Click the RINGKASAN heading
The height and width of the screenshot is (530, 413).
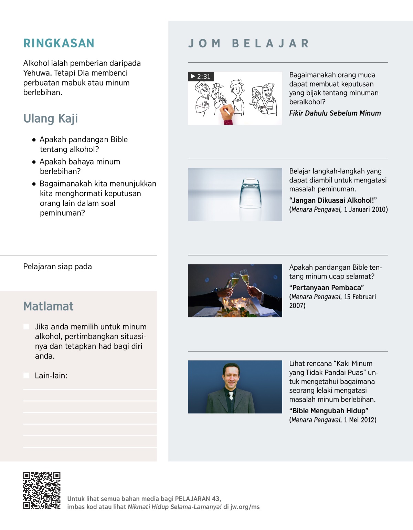point(59,43)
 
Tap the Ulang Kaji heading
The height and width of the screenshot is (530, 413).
point(51,119)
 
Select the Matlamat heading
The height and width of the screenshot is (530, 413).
point(48,306)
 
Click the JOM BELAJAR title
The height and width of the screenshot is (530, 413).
point(248,44)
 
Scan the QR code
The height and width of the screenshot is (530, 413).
point(42,490)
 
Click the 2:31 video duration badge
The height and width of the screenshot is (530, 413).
point(201,76)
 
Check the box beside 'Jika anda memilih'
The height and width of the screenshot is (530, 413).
point(26,327)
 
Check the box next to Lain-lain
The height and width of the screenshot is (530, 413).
point(26,375)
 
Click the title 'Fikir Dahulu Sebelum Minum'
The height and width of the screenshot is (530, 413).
point(335,113)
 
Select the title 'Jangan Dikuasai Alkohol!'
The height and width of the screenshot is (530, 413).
point(333,201)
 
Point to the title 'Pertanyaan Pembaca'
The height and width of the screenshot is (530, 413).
point(327,288)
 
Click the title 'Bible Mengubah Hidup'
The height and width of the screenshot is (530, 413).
point(329,411)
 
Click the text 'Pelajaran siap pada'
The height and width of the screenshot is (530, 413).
point(57,267)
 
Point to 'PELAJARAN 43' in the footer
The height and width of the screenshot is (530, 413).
point(198,499)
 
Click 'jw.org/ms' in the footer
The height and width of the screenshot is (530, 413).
point(245,507)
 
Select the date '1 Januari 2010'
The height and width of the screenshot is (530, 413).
point(366,210)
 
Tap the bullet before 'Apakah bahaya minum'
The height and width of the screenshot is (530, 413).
point(34,162)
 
